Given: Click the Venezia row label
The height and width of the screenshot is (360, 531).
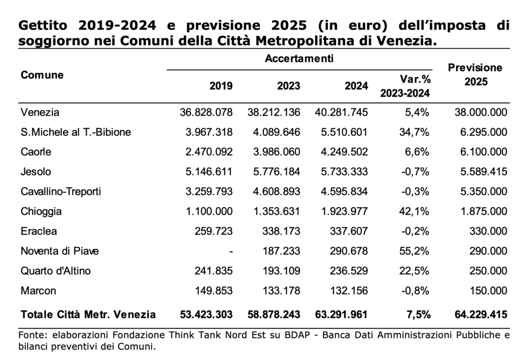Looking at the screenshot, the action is tap(40, 112).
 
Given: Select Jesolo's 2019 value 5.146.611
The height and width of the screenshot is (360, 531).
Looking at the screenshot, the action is tap(209, 172).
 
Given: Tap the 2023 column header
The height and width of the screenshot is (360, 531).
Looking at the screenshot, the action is tap(288, 86).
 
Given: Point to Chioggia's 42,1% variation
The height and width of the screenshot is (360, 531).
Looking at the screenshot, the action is tap(414, 211).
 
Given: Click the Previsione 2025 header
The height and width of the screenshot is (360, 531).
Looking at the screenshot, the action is tap(475, 75).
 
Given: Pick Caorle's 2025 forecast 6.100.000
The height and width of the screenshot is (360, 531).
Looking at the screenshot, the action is tap(484, 151).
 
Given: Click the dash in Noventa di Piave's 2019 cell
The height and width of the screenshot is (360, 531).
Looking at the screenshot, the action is tap(231, 252).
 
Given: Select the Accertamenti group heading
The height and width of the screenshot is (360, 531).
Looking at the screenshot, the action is tap(299, 59).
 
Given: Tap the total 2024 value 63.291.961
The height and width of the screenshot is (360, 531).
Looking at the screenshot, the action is tap(341, 315).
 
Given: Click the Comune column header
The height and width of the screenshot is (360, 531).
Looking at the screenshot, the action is tap(42, 75).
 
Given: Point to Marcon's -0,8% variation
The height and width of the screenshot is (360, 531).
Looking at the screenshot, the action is tap(415, 291).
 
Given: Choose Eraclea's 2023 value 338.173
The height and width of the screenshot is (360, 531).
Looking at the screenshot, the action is tap(281, 231).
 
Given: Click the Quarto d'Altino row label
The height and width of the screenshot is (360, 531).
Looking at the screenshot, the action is tap(55, 271).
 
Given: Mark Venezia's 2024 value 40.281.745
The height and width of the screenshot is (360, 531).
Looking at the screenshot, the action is tap(341, 112).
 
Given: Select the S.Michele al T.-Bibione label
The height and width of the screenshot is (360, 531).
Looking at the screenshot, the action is tap(76, 132).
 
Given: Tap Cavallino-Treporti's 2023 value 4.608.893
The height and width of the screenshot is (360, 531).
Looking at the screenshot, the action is tap(277, 192).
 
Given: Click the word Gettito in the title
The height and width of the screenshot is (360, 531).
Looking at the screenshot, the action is tap(43, 25).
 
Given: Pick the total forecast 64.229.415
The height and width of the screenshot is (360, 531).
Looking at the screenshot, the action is tap(481, 315).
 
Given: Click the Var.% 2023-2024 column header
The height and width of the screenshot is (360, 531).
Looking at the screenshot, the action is tap(406, 86).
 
